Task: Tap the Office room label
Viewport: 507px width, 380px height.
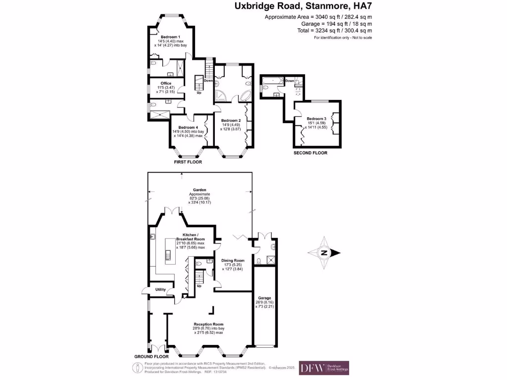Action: pos(165,83)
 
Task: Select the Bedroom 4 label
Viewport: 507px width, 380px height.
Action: pos(189,127)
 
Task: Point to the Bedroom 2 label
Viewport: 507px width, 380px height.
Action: pos(231,121)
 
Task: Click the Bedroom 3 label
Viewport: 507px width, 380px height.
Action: pos(316,119)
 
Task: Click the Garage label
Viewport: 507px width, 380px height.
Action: pos(264,298)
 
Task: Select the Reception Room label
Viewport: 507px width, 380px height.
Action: pos(208,325)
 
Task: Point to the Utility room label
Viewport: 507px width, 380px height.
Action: pos(160,289)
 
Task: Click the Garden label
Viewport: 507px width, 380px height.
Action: pos(200,190)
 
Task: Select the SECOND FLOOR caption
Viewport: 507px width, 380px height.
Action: pos(310,153)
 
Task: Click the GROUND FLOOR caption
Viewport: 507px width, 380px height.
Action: pos(152,356)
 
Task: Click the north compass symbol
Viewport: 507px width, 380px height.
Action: pos(324,253)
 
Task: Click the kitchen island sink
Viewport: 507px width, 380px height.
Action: pos(167,255)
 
